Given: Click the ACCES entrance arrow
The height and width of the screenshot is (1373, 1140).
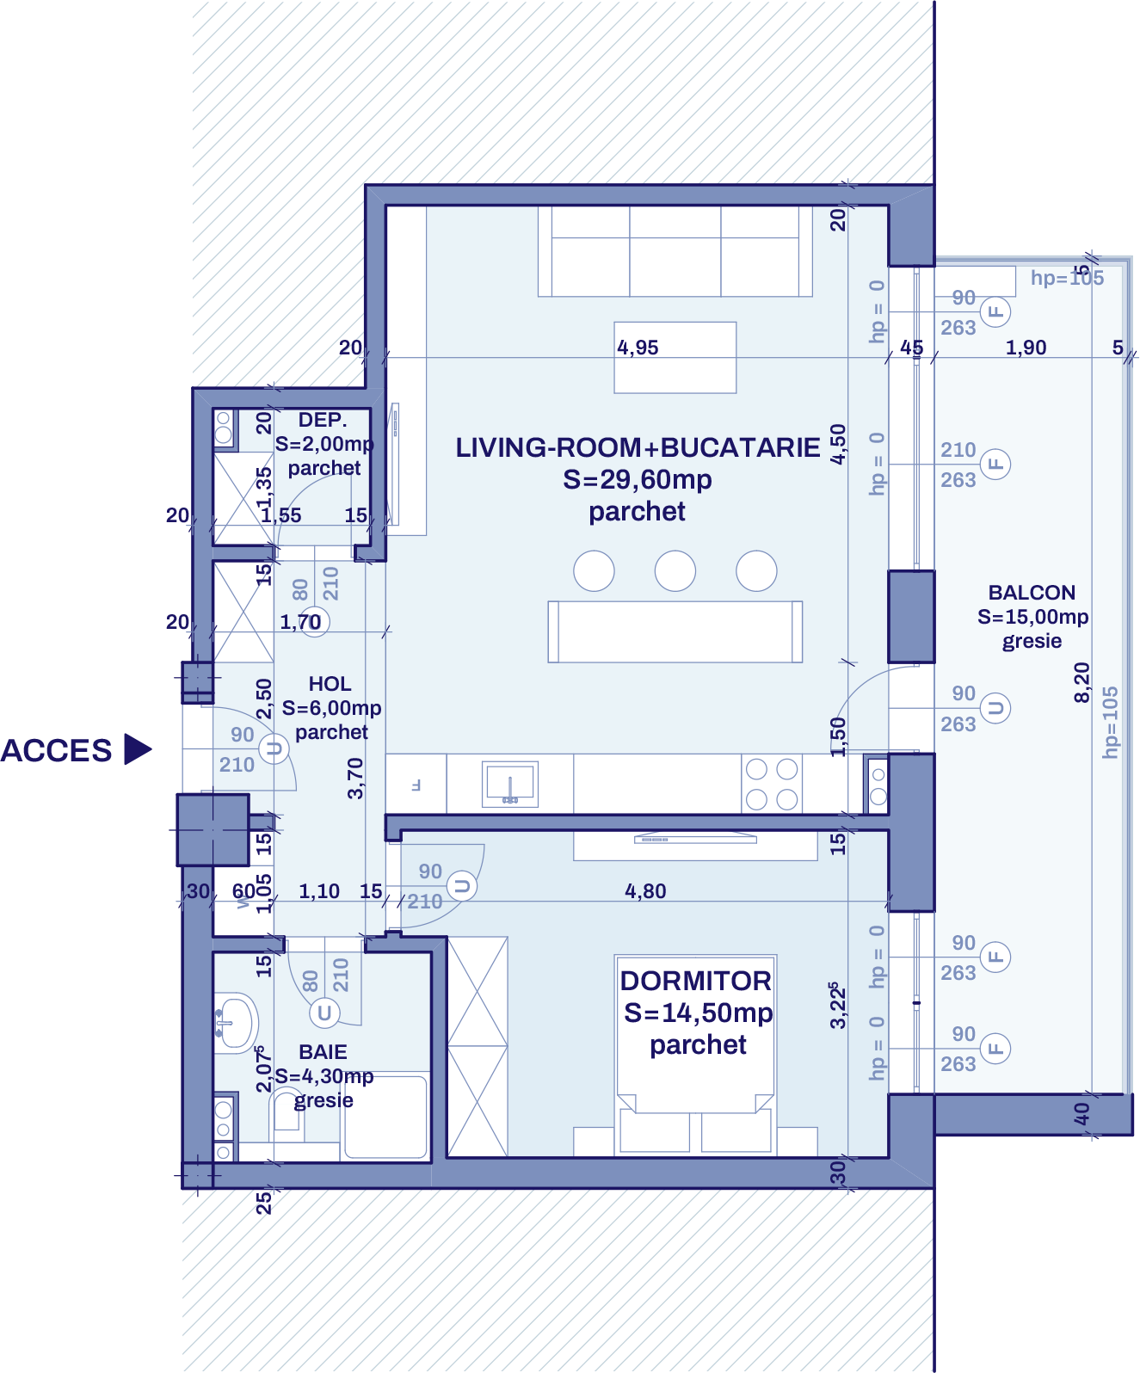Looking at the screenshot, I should pyautogui.click(x=138, y=749).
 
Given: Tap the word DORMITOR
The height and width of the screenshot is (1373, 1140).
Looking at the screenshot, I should pyautogui.click(x=695, y=981).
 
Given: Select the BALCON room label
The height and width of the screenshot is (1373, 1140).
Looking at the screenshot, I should pyautogui.click(x=1032, y=593).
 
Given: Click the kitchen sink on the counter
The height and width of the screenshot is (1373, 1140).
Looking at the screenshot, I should pyautogui.click(x=510, y=784).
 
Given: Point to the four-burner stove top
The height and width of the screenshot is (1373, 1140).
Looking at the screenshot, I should pyautogui.click(x=772, y=784).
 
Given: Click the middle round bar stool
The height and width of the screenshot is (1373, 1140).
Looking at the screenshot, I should pyautogui.click(x=675, y=571).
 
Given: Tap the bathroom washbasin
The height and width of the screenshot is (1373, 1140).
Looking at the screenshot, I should pyautogui.click(x=234, y=1021).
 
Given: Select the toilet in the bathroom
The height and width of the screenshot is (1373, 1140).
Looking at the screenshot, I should pyautogui.click(x=287, y=1117).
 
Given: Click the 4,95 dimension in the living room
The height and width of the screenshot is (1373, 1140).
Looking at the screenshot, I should pyautogui.click(x=638, y=348).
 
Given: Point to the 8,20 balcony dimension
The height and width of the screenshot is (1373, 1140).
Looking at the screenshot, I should pyautogui.click(x=1081, y=682).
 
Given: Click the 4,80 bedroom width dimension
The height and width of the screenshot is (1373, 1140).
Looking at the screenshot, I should pyautogui.click(x=645, y=891).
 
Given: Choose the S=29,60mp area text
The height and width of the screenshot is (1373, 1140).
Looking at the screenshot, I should pyautogui.click(x=638, y=479).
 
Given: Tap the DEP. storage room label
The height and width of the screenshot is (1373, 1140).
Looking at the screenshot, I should pyautogui.click(x=323, y=420).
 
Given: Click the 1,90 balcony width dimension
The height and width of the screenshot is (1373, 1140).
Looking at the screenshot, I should pyautogui.click(x=1026, y=348).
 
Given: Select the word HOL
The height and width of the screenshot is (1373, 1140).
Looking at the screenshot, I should pyautogui.click(x=330, y=684).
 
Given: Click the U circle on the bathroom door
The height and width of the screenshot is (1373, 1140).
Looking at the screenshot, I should pyautogui.click(x=324, y=1013).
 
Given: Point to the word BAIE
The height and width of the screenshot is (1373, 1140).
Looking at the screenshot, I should pyautogui.click(x=323, y=1052).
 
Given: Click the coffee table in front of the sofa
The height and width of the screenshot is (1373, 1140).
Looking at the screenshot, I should pyautogui.click(x=675, y=357).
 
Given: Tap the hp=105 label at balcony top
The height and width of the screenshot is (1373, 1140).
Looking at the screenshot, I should pyautogui.click(x=1067, y=278).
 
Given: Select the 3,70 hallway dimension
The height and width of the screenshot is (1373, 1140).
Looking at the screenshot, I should pyautogui.click(x=355, y=779).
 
